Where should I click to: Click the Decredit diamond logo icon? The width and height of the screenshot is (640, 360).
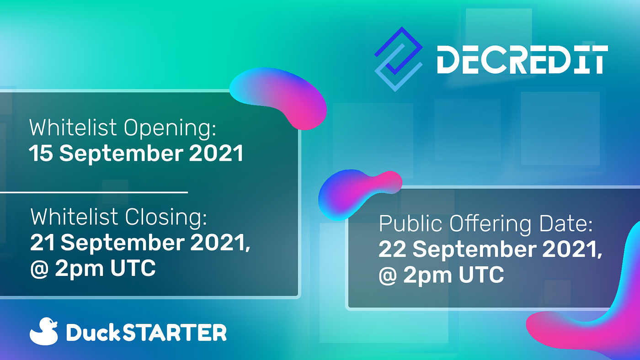tap(398, 59)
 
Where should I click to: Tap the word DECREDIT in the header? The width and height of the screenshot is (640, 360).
tap(522, 60)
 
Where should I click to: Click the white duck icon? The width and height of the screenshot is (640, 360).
tap(44, 331)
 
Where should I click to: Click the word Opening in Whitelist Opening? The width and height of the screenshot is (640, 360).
tap(170, 129)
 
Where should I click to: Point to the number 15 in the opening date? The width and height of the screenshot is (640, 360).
tap(41, 154)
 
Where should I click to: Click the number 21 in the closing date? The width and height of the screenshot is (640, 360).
tap(42, 243)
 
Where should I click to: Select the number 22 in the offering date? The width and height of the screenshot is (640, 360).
tap(392, 249)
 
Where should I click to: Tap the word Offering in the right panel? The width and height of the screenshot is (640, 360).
tap(490, 224)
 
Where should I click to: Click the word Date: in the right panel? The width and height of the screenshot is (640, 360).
tap(566, 223)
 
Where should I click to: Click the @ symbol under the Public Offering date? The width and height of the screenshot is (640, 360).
tap(388, 275)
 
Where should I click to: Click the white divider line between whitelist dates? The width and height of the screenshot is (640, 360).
tap(94, 192)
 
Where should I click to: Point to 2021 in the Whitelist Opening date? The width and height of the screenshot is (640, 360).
tap(216, 154)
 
